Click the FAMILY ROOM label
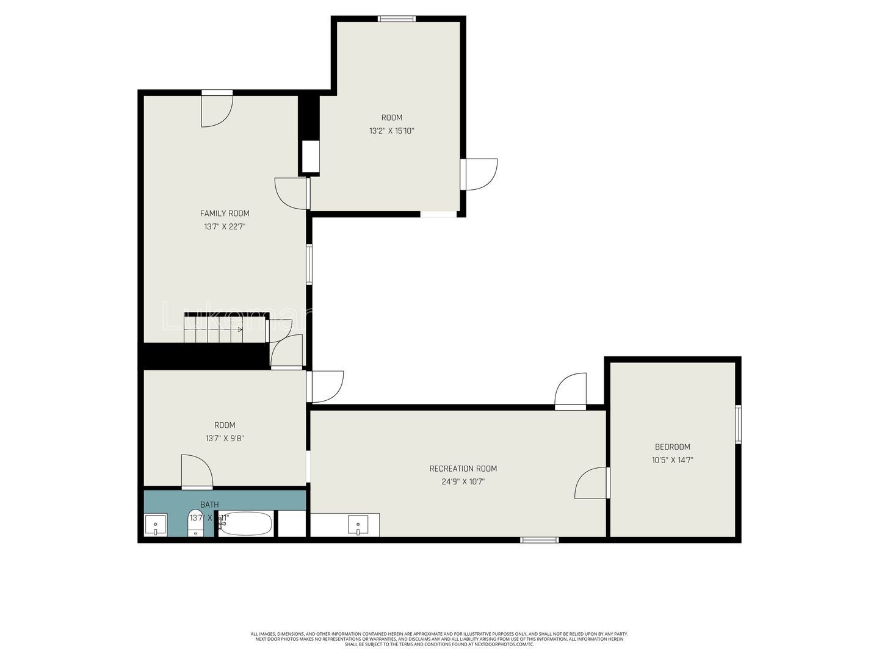pos(225,214)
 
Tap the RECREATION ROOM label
pos(463,469)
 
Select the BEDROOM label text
pos(672,447)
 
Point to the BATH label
pos(209,505)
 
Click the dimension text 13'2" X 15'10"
pos(392,131)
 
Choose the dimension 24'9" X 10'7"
pos(463,481)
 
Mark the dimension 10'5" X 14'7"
pos(672,460)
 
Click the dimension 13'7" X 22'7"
pos(225,226)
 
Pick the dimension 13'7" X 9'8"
pos(225,438)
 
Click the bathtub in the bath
pos(245,524)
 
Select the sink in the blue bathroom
pos(155,525)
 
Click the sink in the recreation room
pos(358,525)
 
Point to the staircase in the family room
pos(214,329)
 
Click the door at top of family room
pos(217,110)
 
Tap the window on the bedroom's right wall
pos(738,424)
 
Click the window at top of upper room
pos(397,19)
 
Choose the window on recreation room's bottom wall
pos(539,539)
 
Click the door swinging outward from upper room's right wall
pos(480,174)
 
